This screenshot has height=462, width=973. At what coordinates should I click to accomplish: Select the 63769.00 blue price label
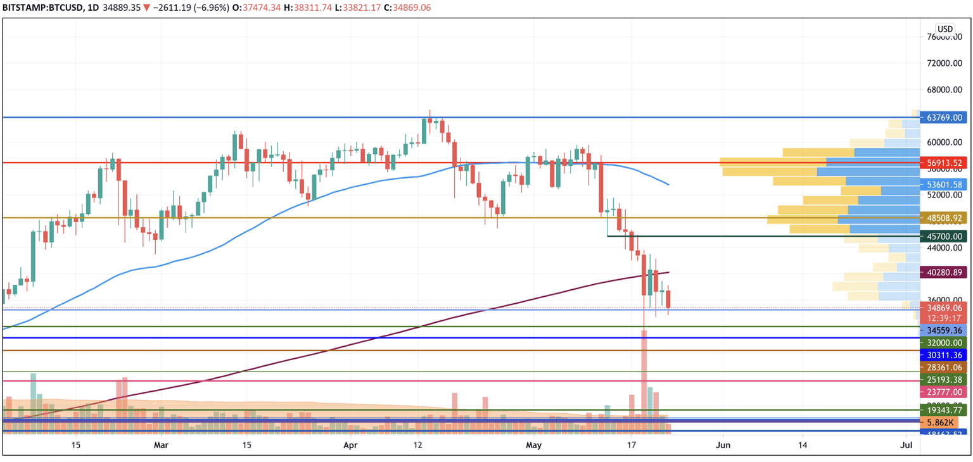click(943, 118)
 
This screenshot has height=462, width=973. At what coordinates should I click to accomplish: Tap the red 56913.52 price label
click(943, 163)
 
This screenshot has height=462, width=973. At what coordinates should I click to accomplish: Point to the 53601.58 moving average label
click(943, 185)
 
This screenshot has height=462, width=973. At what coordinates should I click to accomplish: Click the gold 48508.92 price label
click(943, 218)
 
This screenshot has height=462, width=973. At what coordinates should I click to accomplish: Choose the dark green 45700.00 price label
click(943, 237)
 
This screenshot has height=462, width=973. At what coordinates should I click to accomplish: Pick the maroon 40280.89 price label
click(943, 273)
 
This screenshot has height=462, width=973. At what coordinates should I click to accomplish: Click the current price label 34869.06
click(943, 308)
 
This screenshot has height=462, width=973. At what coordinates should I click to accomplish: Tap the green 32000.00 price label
click(943, 342)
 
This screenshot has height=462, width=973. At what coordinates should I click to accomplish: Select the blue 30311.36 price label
click(943, 355)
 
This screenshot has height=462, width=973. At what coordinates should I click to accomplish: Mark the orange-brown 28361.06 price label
click(943, 368)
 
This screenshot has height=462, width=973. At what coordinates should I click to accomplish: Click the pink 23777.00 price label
click(943, 392)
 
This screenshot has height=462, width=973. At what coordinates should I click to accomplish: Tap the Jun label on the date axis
click(723, 445)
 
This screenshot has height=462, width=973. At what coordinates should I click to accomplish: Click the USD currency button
click(945, 29)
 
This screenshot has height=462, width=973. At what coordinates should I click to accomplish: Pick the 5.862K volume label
click(939, 422)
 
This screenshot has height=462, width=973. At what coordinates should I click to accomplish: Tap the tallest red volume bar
click(644, 380)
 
